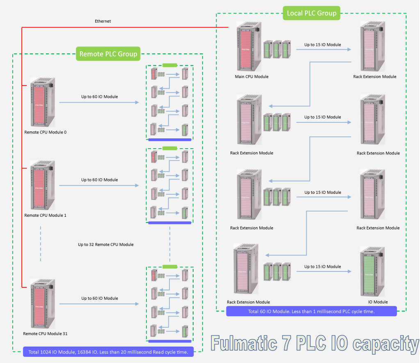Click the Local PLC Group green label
(312, 13)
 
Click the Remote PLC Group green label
(108, 54)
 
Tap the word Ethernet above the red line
(103, 21)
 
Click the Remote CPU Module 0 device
(43, 102)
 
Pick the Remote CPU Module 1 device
(43, 185)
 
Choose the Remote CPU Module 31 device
(43, 303)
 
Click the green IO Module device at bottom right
(372, 272)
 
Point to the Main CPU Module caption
(252, 77)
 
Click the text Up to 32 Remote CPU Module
(106, 244)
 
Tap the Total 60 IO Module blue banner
(311, 312)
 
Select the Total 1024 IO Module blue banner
(108, 352)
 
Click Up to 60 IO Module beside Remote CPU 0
(99, 97)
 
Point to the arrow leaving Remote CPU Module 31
(99, 304)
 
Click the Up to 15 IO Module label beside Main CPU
(322, 45)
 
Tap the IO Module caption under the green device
(378, 302)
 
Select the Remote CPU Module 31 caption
(45, 334)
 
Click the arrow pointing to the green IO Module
(324, 272)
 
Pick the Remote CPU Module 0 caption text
(45, 132)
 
